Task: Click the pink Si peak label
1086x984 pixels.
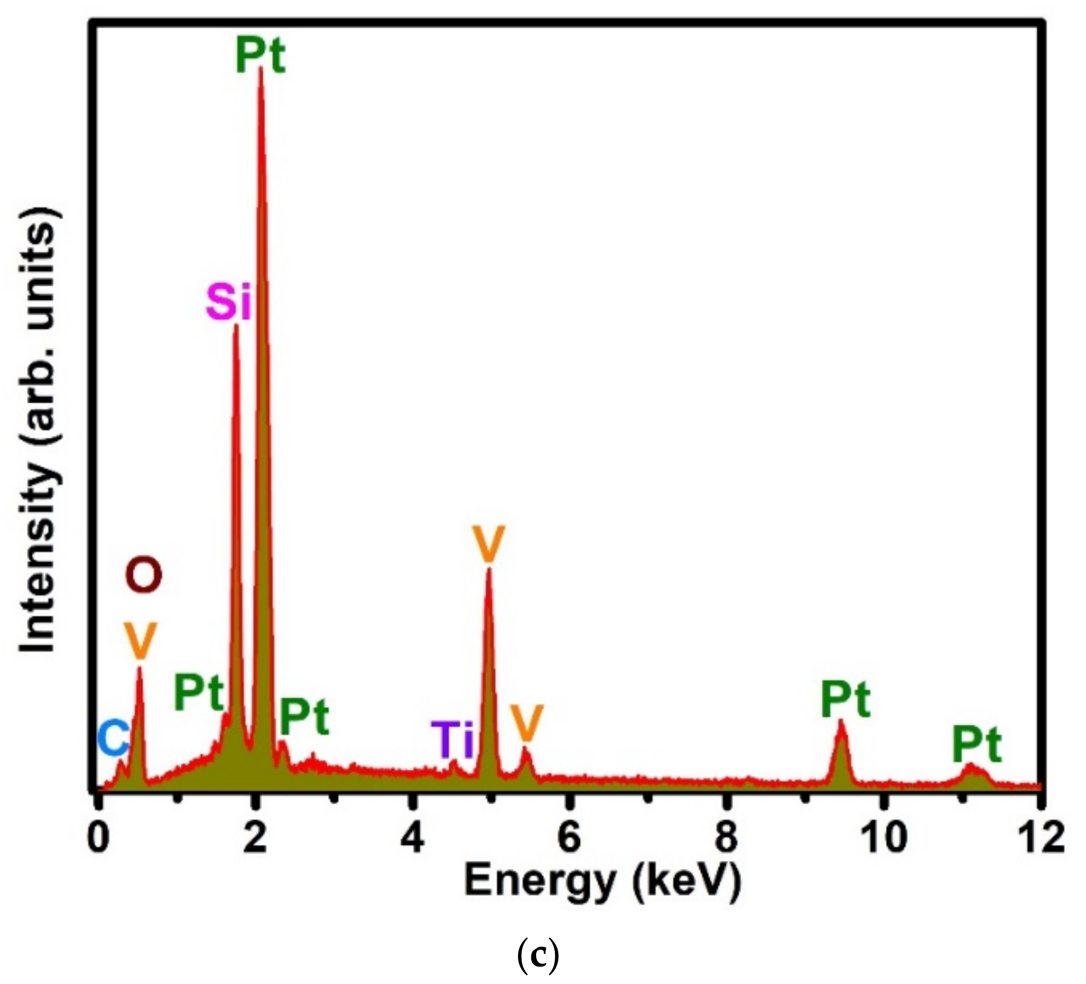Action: pyautogui.click(x=229, y=304)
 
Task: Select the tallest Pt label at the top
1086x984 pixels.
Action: pyautogui.click(x=261, y=57)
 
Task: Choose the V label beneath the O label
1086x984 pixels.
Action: pyautogui.click(x=139, y=642)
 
